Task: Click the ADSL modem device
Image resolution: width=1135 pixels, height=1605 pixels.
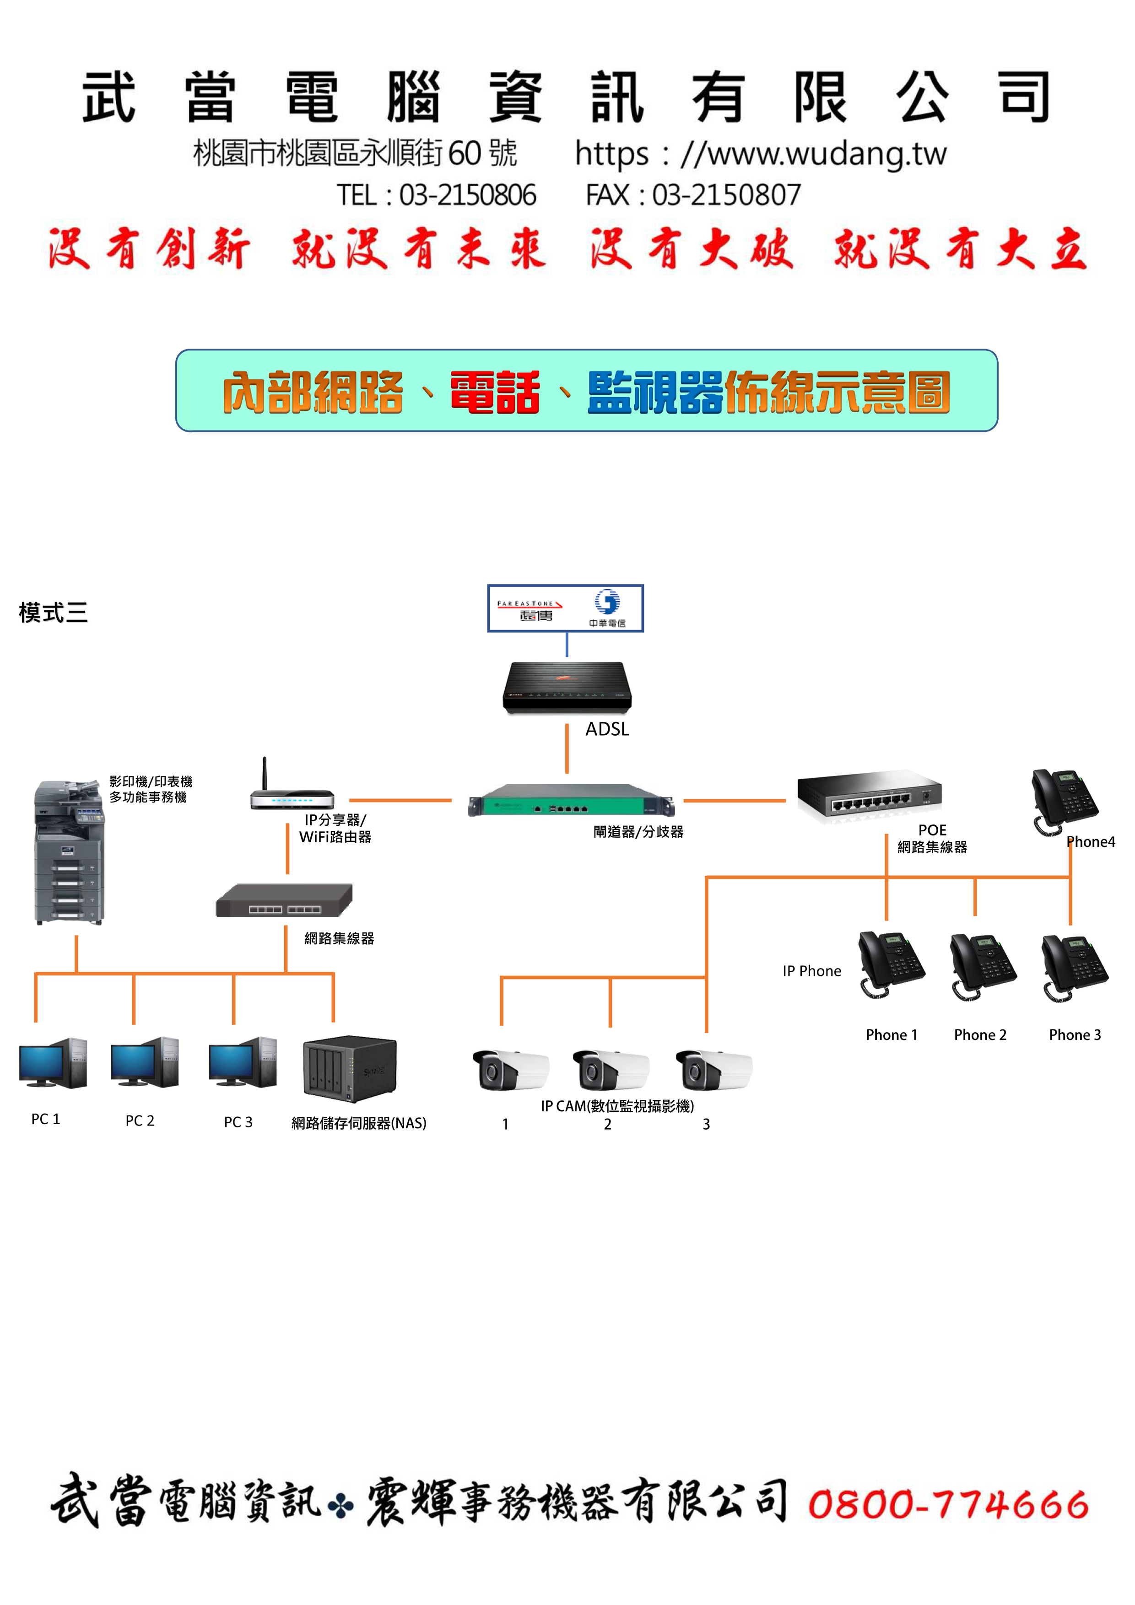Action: click(x=567, y=688)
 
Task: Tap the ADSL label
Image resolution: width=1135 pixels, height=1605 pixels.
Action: click(x=607, y=729)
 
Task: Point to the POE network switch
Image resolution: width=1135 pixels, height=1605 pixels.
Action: click(x=869, y=795)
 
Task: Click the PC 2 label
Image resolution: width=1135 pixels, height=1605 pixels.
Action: click(x=140, y=1120)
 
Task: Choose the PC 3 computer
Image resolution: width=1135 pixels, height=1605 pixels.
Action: click(x=243, y=1062)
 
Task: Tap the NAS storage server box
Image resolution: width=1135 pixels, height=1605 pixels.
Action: click(x=350, y=1068)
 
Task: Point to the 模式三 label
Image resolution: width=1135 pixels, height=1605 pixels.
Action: click(x=53, y=612)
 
